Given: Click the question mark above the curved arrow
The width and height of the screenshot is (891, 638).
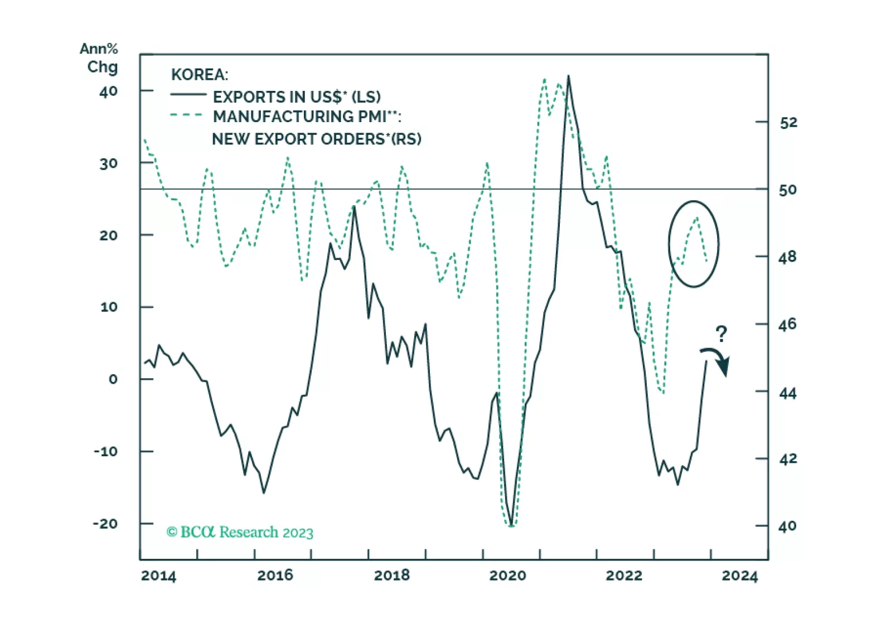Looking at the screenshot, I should tap(721, 334).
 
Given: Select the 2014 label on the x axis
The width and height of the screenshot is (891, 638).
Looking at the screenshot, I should tap(158, 576).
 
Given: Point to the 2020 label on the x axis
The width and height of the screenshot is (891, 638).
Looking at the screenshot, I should tap(507, 576).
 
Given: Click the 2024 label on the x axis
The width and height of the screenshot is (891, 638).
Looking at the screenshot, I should tap(739, 576).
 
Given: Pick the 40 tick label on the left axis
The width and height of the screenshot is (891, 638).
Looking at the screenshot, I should tap(108, 91).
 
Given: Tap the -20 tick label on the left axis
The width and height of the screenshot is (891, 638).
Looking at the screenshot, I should tap(105, 524).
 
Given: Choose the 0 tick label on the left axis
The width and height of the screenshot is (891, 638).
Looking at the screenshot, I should tap(113, 379).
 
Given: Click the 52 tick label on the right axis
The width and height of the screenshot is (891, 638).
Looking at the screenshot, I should tap(788, 123).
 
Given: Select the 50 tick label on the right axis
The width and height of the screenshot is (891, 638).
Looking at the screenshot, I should tap(787, 190).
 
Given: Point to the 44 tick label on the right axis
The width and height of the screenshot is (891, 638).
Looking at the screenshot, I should tap(787, 394).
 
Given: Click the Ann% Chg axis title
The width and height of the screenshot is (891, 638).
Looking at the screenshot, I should tap(99, 58).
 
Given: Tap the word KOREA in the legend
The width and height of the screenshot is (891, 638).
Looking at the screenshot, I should tap(199, 75).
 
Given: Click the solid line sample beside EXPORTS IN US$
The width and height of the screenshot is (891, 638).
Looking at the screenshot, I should tap(188, 95).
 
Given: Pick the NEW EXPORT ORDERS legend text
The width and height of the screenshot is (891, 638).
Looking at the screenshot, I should tap(316, 139).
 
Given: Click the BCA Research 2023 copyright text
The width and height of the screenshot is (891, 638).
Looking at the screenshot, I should tap(240, 532).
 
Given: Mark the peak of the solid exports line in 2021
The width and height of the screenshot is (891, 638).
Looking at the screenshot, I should tap(568, 76).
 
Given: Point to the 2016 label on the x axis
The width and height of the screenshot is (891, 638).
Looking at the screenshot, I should tap(275, 576).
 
